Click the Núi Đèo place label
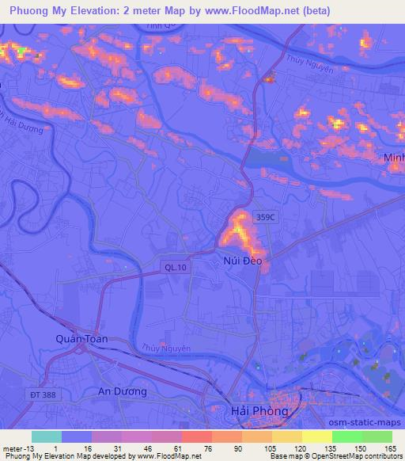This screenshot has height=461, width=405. coord(241,259)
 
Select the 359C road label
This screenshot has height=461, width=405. coord(265,215)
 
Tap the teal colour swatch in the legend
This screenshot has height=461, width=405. coord(46,436)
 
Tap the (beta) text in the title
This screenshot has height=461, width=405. coord(313,10)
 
